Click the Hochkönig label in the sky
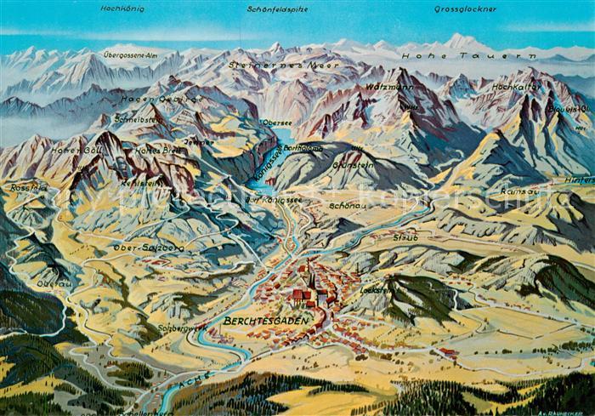(x=122, y=9)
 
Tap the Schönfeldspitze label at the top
(x=277, y=9)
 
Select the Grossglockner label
(x=465, y=9)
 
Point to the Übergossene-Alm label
(x=132, y=54)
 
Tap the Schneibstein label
(x=139, y=120)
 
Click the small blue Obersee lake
(x=286, y=134)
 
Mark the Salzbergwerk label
(x=183, y=327)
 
